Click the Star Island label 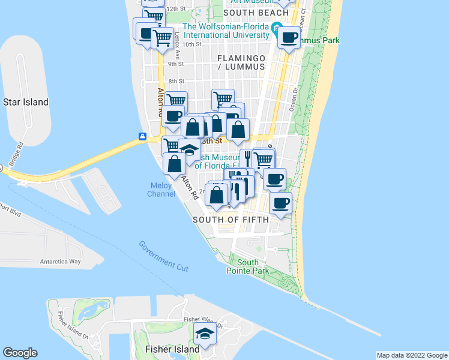(x=26, y=102)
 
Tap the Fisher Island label (x=172, y=349)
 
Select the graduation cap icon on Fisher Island (x=205, y=334)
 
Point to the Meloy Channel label (x=161, y=190)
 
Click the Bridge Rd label (x=16, y=155)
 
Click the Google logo (x=20, y=353)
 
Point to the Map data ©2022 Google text (x=412, y=355)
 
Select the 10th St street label (x=192, y=44)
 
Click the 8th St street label (x=176, y=82)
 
